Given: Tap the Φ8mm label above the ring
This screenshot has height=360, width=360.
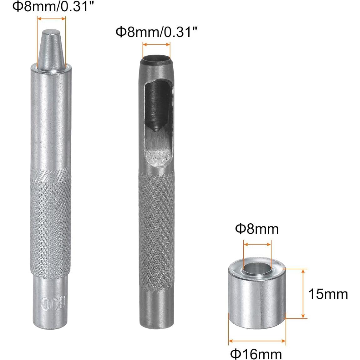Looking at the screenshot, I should (x=257, y=229).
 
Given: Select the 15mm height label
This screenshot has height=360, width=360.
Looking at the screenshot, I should (x=328, y=294).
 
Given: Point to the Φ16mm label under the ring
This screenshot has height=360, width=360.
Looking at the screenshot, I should (x=256, y=354).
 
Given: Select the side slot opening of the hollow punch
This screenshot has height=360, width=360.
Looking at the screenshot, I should (x=158, y=119).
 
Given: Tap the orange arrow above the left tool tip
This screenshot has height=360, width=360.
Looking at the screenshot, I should (x=52, y=18).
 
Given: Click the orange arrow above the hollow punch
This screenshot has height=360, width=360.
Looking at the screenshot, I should (x=156, y=44).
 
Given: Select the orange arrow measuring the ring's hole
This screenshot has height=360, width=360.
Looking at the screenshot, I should (x=257, y=245).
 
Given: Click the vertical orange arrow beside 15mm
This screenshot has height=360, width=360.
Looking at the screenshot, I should (x=303, y=293).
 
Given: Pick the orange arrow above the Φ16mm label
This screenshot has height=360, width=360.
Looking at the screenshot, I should (x=257, y=341).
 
